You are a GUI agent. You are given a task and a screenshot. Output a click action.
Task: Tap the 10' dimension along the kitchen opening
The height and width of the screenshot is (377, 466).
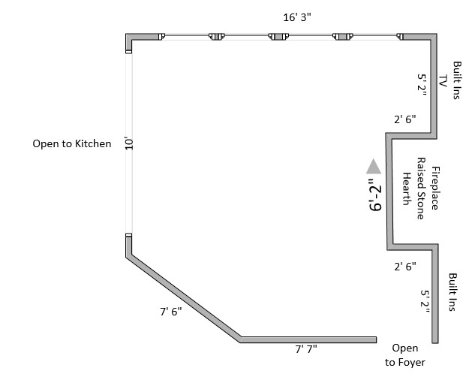coord(129,143)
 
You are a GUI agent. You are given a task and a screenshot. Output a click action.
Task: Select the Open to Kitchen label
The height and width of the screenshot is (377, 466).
coord(71,143)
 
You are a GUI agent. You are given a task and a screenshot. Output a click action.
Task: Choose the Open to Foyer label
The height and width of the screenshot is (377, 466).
coord(405,355)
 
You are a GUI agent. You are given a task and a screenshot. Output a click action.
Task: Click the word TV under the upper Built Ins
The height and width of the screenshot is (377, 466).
coord(443,81)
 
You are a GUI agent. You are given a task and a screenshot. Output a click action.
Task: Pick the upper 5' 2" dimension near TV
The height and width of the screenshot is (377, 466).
coord(422,81)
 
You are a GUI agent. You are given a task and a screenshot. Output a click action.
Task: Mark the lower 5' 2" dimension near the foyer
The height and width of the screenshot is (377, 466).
coord(425,301)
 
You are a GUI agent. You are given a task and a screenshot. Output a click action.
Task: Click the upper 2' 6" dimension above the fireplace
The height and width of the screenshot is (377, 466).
coord(404,119)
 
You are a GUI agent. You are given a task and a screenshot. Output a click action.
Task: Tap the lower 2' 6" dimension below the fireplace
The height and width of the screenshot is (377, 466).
coord(404,266)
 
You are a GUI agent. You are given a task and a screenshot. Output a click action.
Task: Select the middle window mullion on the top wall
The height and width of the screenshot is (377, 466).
coord(281,36)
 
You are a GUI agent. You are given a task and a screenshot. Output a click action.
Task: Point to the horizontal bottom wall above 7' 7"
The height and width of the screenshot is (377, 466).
coord(308,339)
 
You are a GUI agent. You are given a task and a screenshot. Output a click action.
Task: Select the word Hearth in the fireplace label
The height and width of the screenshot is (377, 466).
coord(406,188)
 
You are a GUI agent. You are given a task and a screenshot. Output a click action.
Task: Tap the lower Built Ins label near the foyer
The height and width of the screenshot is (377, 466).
coord(452,293)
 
